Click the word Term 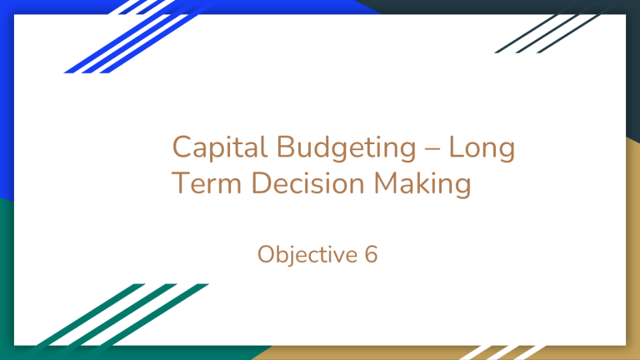coord(201,183)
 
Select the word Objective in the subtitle coord(305,252)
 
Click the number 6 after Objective coord(370,252)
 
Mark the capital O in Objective coord(267,252)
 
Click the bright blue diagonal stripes coord(125,37)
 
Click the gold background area coord(632,250)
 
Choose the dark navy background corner coord(632,50)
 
